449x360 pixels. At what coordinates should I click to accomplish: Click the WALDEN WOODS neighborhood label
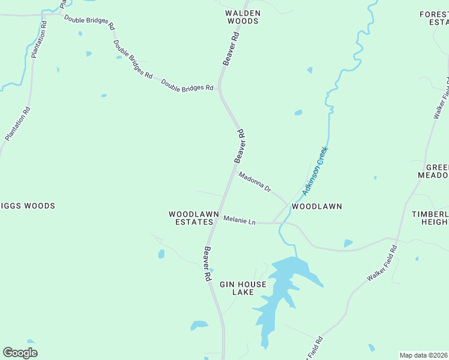pos(243,17)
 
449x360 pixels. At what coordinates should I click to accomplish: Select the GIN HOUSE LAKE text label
pos(237,288)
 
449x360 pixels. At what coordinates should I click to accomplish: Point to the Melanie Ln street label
pos(240,221)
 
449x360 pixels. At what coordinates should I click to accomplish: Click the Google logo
pos(20,353)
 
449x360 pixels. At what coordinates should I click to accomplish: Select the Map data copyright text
pos(424,355)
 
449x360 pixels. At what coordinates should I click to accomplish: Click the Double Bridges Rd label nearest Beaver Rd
pos(187,85)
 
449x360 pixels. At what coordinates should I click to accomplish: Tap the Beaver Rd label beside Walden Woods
pos(231,49)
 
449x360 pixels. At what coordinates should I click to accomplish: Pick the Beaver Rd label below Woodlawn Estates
pos(206,265)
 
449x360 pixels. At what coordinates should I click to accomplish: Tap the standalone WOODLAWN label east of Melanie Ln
pos(317,206)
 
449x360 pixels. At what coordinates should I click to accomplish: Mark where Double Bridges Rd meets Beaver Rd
pos(220,88)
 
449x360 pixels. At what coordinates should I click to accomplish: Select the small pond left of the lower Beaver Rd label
pos(161,254)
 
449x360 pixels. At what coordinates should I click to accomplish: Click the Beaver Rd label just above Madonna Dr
pos(240,146)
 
